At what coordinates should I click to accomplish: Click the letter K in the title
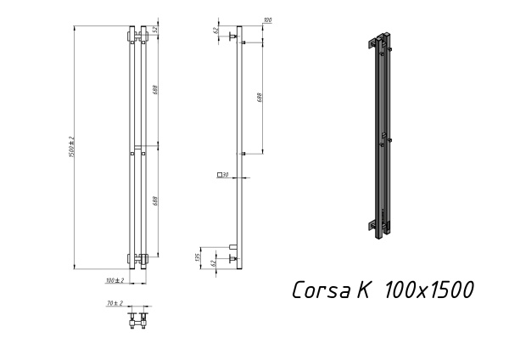tap(362, 290)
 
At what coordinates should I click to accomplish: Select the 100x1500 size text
tap(428, 290)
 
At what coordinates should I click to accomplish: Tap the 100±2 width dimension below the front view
tap(115, 279)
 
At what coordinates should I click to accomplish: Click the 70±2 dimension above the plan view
tap(115, 303)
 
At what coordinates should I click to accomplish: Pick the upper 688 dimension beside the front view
tap(156, 89)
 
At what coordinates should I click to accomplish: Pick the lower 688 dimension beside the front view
tap(156, 201)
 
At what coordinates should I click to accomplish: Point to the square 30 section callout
tap(224, 175)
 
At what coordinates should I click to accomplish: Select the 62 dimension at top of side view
tap(216, 31)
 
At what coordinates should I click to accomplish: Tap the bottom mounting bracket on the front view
tap(137, 256)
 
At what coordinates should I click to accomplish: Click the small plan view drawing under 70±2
tap(137, 321)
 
